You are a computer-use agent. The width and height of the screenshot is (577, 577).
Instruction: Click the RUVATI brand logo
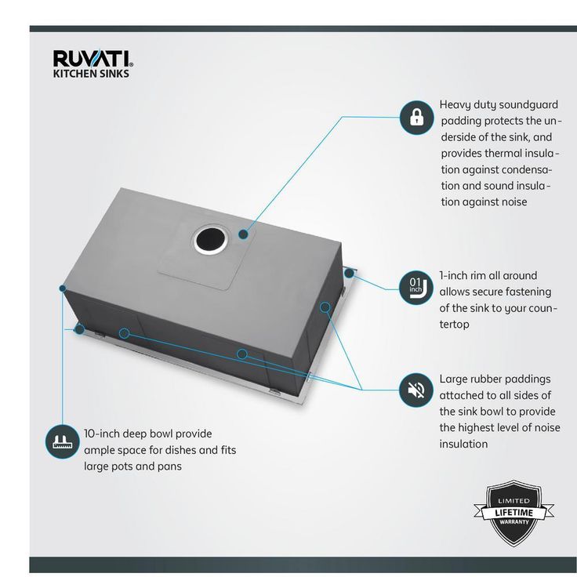[93, 59]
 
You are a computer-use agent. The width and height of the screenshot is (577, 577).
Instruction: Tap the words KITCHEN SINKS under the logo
[91, 74]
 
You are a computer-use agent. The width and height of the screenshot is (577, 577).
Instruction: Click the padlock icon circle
[416, 118]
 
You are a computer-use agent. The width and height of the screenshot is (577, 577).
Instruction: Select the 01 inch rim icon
[416, 288]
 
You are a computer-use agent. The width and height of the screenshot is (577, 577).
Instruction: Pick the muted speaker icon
[416, 390]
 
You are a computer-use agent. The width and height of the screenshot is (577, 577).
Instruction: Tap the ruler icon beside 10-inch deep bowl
[63, 441]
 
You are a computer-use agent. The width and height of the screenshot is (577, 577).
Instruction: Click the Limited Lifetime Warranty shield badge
[514, 513]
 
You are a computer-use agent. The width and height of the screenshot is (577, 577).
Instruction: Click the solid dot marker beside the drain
[243, 234]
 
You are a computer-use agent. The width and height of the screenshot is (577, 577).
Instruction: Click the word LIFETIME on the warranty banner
[514, 513]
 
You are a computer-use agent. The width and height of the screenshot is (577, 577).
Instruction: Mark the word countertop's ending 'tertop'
[454, 325]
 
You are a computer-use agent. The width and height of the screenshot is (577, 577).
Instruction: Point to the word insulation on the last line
[463, 445]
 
